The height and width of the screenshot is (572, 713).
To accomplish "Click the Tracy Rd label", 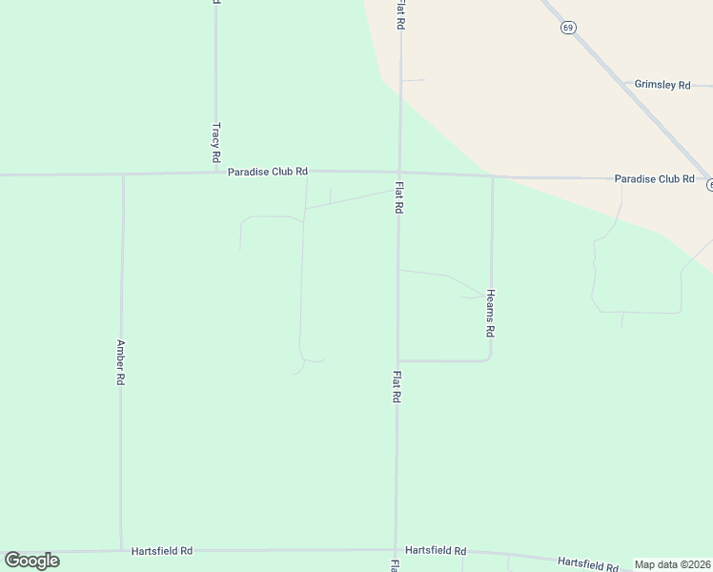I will click(x=216, y=141).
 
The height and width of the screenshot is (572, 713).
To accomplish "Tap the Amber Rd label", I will click(x=121, y=361).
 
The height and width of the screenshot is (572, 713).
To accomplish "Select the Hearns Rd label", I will click(x=491, y=313).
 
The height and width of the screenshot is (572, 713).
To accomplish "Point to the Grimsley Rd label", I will click(x=662, y=85).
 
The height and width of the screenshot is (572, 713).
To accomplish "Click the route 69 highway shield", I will click(x=568, y=28).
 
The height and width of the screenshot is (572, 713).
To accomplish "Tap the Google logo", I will click(x=31, y=560).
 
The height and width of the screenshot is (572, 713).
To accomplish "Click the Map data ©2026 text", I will click(x=672, y=564).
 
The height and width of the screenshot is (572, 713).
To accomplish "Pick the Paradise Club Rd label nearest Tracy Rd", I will click(x=268, y=172).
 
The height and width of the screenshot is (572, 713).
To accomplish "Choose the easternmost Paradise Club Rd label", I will click(x=654, y=178).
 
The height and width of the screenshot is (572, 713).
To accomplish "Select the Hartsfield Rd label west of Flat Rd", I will click(x=162, y=550).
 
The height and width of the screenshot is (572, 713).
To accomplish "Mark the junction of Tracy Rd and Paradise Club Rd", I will click(x=215, y=173).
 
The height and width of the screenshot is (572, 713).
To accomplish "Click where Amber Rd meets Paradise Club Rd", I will click(x=123, y=174).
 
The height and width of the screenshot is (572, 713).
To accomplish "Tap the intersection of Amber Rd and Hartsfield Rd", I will click(x=121, y=550).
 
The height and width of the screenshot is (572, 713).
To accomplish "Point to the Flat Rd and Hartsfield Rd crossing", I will click(x=396, y=549).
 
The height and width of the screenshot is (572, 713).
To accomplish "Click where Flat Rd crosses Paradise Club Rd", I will click(x=399, y=173).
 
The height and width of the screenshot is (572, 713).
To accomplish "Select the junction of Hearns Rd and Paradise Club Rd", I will click(x=492, y=176).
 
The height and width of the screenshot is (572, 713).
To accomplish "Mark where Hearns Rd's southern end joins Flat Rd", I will click(x=397, y=360).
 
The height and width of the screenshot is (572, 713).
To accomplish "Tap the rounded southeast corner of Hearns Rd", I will click(x=489, y=358).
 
